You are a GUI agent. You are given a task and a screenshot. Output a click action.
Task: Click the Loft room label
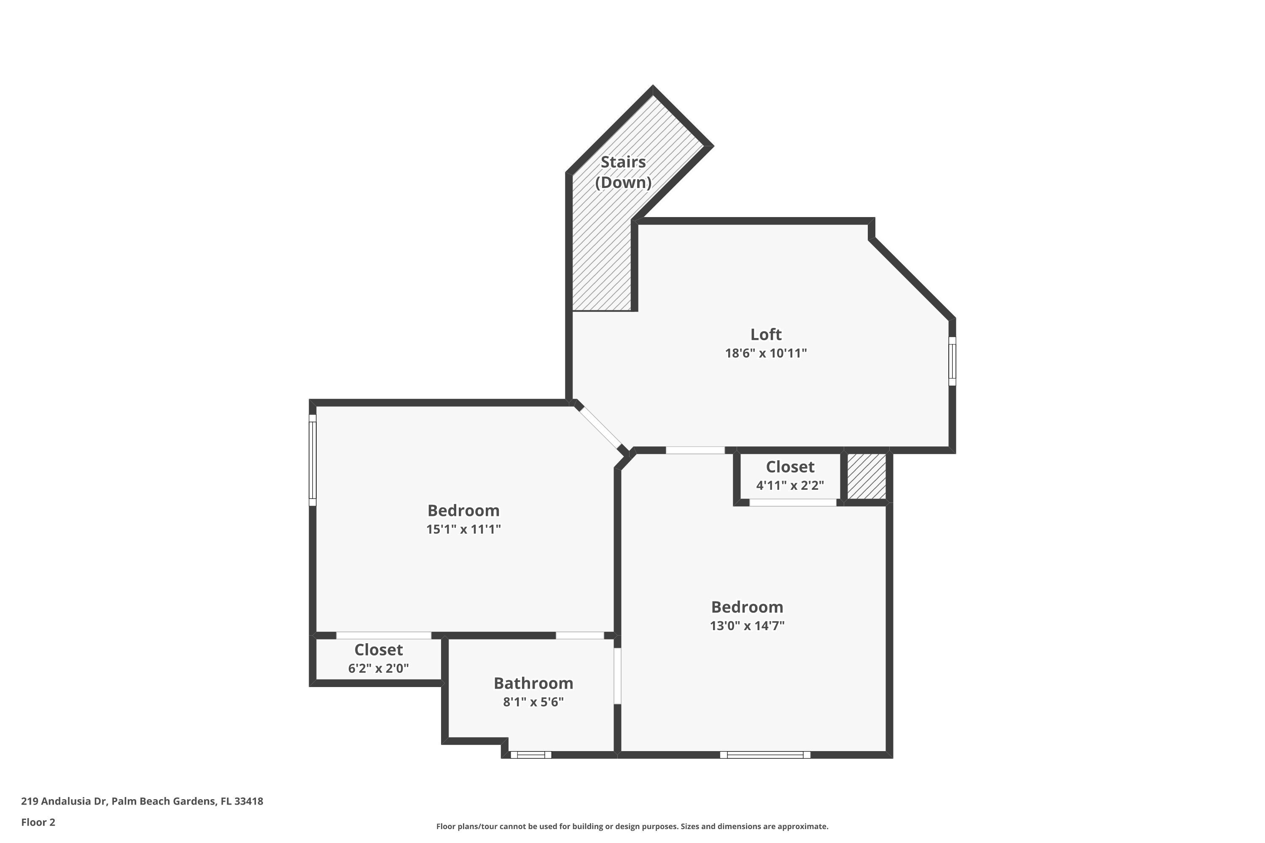coord(766,334)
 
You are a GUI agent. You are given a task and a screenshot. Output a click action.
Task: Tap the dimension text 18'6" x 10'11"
coord(766,353)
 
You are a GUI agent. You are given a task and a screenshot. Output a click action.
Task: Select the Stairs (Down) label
coord(623,172)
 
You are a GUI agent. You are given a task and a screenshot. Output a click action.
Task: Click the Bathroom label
coord(533,683)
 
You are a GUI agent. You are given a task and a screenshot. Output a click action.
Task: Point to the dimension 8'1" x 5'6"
coord(533,702)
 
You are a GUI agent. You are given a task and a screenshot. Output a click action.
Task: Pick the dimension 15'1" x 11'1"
coord(463,529)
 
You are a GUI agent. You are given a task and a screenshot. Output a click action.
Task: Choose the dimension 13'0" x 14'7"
coord(747,626)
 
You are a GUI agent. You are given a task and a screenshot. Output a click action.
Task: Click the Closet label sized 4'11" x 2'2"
coord(790,467)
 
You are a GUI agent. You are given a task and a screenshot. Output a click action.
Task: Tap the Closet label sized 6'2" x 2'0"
coord(379,650)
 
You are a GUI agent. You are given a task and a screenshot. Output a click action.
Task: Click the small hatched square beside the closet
coord(867,476)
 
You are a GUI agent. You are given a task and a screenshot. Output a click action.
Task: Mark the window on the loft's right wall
coord(952,361)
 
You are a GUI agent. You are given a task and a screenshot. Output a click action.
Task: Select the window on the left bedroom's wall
coord(312,460)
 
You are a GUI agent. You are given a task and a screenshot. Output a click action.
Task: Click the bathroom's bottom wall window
coord(531,755)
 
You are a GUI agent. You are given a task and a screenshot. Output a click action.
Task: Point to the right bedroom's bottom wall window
coord(765,755)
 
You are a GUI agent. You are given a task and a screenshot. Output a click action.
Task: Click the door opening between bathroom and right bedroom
coord(617,676)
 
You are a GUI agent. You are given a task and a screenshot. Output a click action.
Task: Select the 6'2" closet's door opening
coord(383,636)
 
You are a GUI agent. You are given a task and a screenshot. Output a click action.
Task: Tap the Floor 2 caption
coord(38,822)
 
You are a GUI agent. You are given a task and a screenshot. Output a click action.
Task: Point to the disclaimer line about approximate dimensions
coord(632,826)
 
